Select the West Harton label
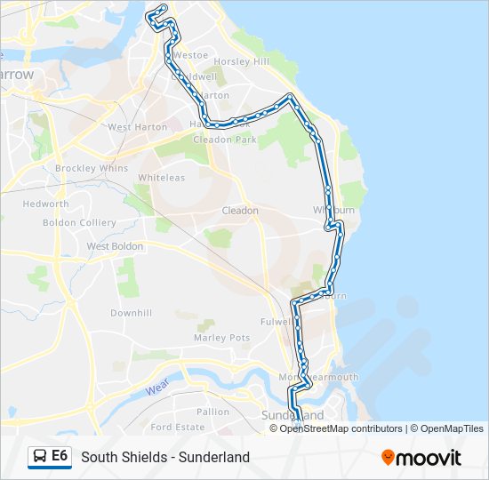point(137,127)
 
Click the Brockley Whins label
point(91,168)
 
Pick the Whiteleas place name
point(161,178)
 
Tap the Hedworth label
point(45,204)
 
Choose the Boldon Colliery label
point(79,222)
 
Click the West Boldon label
point(115,246)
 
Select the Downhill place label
point(131,313)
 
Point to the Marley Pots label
point(221,338)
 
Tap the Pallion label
point(212,412)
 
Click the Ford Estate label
point(178,427)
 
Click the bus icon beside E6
point(40,457)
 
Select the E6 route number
point(60,456)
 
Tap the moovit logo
point(421,457)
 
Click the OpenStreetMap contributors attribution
point(341,428)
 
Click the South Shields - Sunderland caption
point(165,457)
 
